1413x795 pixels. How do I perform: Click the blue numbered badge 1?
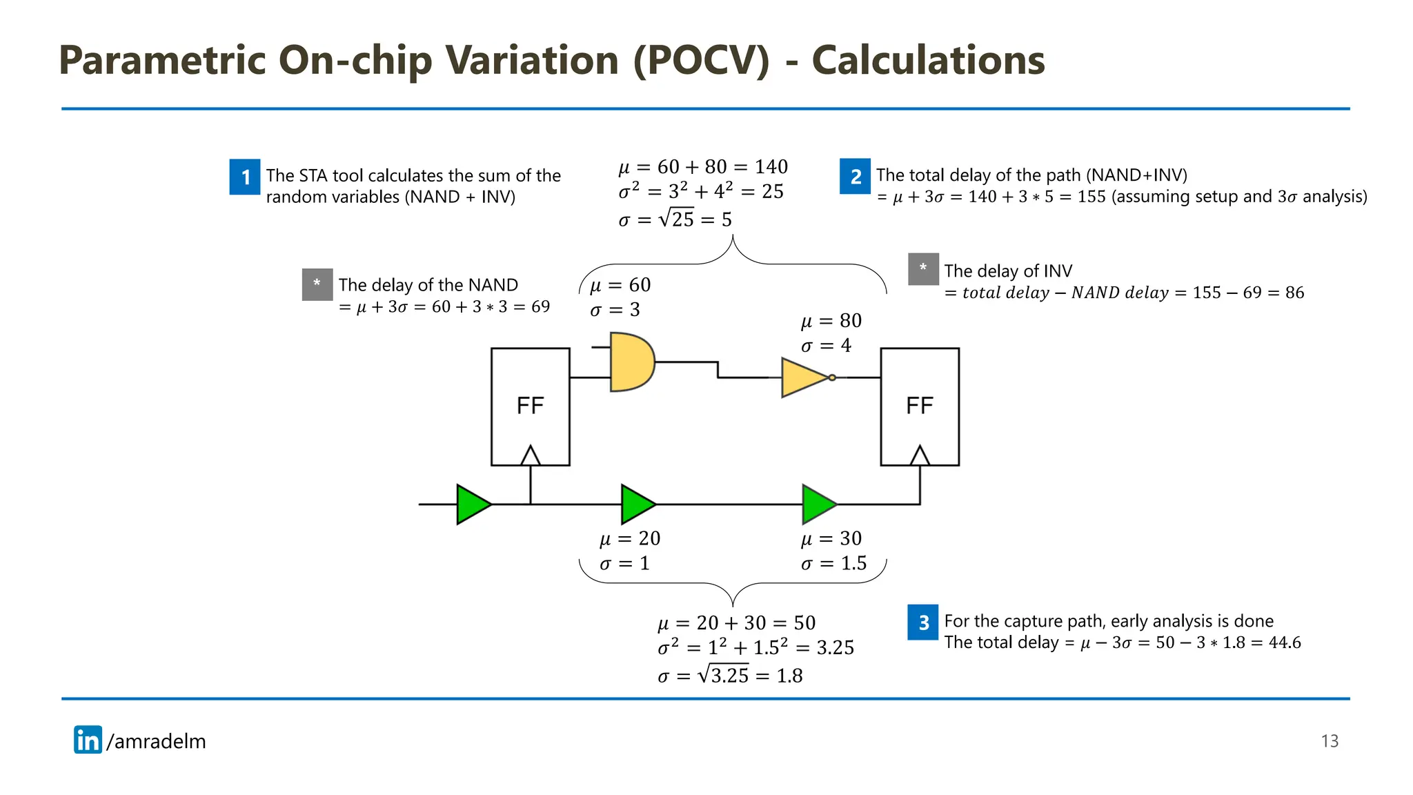(244, 177)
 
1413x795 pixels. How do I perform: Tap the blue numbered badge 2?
(855, 176)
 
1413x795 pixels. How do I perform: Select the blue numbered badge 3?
(923, 622)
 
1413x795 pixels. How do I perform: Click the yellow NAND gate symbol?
(631, 362)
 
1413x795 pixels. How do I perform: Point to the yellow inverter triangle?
(803, 377)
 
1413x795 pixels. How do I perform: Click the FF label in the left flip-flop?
(530, 406)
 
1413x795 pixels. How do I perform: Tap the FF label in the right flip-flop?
(919, 406)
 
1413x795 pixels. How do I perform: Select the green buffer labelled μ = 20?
(638, 504)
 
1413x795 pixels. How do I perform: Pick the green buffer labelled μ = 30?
(818, 504)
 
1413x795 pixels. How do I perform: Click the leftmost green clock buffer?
(473, 504)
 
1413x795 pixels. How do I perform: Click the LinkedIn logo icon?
(88, 740)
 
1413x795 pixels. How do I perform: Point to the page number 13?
(1330, 741)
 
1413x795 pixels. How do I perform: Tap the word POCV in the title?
(701, 61)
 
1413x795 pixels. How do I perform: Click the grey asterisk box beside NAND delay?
(317, 284)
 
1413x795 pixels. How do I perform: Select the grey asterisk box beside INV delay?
(923, 269)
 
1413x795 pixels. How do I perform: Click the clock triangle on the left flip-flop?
(530, 456)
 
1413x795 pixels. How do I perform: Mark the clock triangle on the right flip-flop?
(919, 456)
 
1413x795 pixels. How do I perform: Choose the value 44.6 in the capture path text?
(1285, 642)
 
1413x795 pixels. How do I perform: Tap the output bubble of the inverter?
(832, 377)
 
